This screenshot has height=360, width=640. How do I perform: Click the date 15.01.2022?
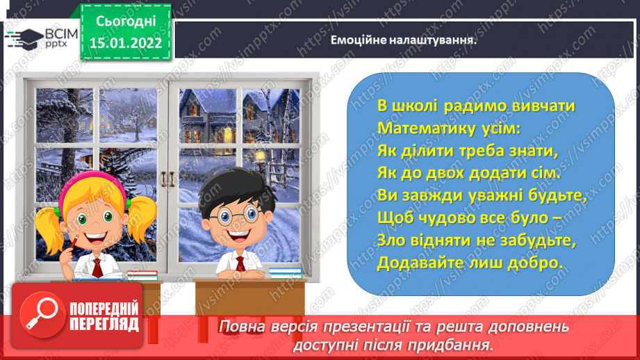[x=125, y=43]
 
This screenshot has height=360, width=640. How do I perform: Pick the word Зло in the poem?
[x=393, y=240]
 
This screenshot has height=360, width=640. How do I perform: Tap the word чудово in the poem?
[x=454, y=218]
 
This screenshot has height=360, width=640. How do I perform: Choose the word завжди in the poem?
[x=433, y=195]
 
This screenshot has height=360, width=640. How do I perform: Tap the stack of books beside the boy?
[x=285, y=272]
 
